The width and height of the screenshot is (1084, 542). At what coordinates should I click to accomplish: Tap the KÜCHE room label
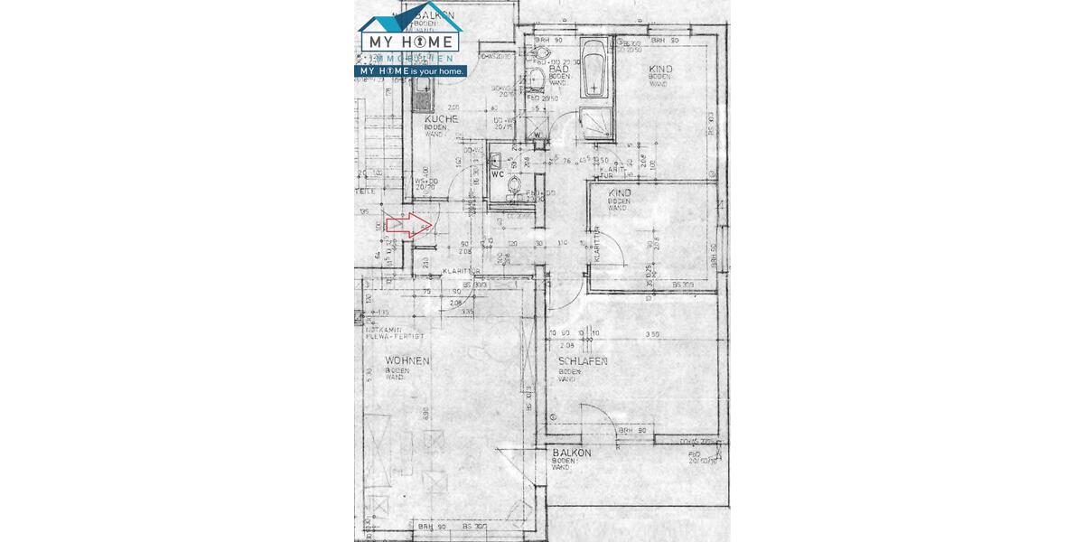[441, 118]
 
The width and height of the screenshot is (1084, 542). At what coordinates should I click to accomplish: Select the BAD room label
[558, 69]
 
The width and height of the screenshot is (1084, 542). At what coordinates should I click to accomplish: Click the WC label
[497, 174]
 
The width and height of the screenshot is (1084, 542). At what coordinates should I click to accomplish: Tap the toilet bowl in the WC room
[515, 187]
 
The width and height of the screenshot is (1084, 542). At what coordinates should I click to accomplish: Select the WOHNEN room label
[406, 360]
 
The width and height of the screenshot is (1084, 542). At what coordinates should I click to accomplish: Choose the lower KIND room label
[620, 193]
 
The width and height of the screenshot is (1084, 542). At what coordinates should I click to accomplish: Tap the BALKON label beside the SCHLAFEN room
[572, 453]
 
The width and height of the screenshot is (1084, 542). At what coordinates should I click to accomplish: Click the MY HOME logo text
[411, 42]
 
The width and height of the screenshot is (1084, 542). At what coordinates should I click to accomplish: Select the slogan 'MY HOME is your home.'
[412, 70]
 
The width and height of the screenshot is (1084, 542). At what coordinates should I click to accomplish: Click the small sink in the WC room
[496, 160]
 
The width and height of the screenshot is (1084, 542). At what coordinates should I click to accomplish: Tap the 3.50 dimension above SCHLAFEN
[652, 334]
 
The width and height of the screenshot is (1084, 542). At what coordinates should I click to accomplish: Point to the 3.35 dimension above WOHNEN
[466, 312]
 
